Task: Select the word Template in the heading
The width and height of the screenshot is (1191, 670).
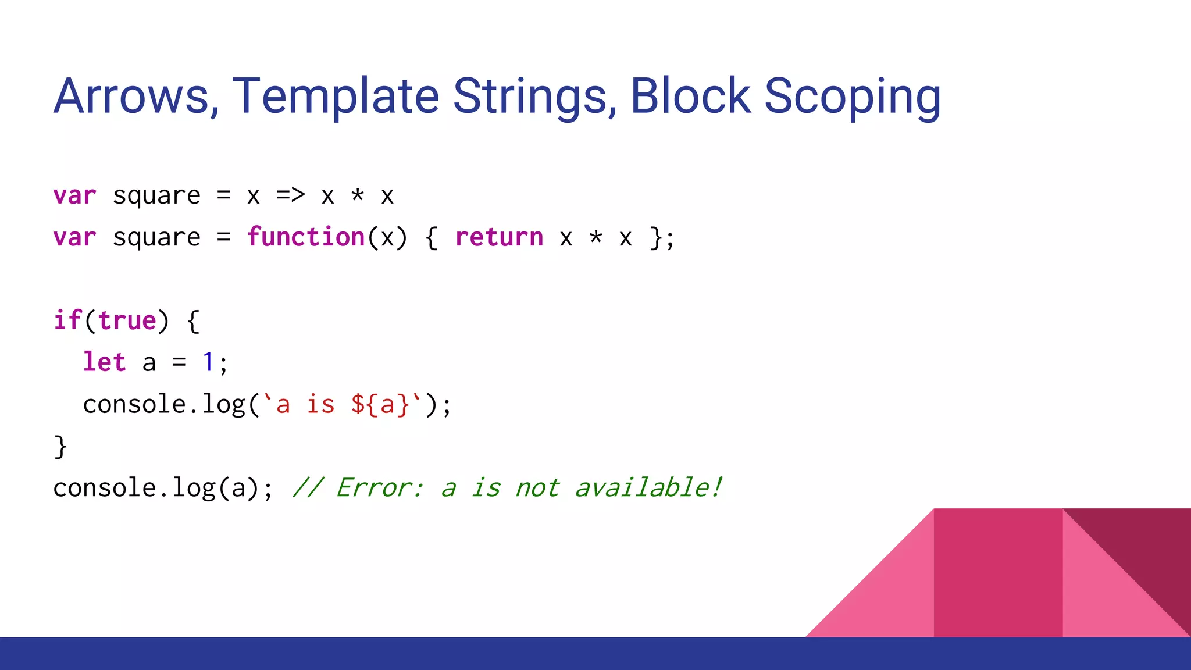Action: pos(336,96)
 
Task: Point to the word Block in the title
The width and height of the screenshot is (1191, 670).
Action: pos(690,96)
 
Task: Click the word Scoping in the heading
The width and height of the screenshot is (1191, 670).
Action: pos(852,96)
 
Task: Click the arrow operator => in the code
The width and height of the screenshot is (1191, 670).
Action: pos(290,195)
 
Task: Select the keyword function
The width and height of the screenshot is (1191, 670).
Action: pos(306,237)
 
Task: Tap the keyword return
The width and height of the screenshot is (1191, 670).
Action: pos(499,237)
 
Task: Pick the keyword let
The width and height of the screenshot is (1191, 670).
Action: pos(104,362)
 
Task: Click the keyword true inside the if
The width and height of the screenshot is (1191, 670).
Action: pos(127,320)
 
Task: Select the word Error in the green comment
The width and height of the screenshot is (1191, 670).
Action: pos(380,487)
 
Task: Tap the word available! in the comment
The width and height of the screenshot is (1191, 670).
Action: pos(648,487)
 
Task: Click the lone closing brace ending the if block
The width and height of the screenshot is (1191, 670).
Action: pos(60,447)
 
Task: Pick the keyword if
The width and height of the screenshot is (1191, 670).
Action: pos(67,320)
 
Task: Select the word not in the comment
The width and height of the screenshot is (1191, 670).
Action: pos(537,487)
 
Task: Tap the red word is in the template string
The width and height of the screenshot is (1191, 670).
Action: pos(320,404)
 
